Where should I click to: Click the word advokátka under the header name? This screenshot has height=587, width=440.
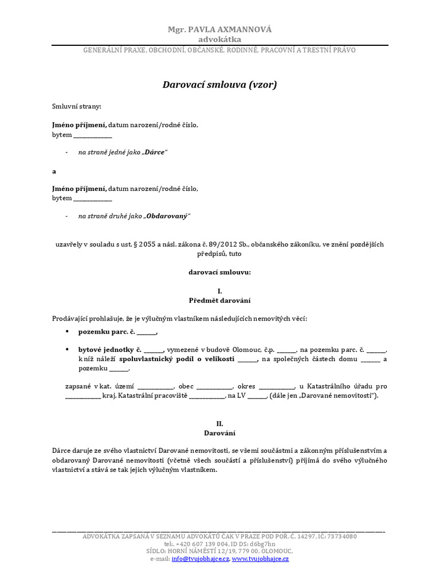point(219,39)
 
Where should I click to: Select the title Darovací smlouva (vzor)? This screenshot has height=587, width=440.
point(220,85)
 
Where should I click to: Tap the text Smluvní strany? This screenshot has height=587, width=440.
point(76,107)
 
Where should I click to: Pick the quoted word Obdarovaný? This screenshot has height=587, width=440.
point(167,216)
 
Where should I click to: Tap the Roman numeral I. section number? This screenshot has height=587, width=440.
point(219,291)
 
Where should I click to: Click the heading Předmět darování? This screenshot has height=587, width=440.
point(219,300)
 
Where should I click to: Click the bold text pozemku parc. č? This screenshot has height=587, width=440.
point(107,332)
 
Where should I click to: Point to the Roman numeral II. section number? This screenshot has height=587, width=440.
point(219,424)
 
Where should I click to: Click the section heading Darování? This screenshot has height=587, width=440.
point(219,433)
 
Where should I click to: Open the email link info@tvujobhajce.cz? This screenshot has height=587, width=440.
point(200,558)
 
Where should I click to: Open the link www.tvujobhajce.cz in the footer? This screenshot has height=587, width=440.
point(260,558)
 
